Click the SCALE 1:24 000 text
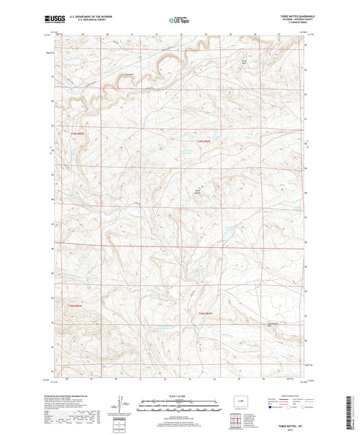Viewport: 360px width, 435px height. [180, 395]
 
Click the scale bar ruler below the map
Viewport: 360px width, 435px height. [180, 407]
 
